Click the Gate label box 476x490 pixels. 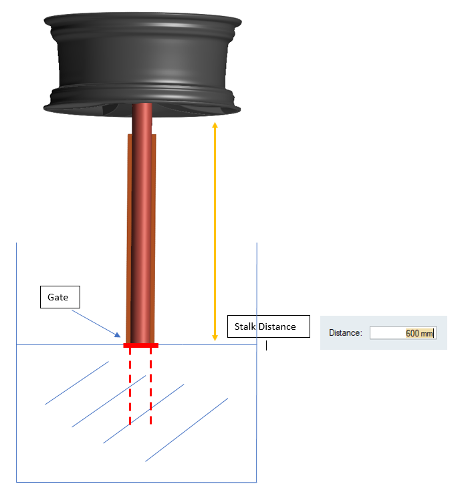coord(60,297)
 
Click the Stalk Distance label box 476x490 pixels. coord(269,326)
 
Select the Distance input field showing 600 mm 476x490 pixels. coord(403,333)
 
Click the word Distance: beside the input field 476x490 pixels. coord(346,333)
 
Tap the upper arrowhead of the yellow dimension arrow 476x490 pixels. coord(215,125)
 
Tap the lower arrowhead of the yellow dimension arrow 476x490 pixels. coord(215,338)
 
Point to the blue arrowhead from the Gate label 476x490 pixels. coord(118,335)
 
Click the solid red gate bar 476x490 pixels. coord(141,345)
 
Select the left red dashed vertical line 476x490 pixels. coord(130,386)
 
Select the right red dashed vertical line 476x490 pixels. coord(151,386)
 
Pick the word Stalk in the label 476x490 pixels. coord(245,326)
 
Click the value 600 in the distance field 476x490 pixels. coord(412,333)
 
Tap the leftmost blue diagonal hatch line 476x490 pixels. coord(77,383)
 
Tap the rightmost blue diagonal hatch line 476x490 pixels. coord(187,430)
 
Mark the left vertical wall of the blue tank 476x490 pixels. coord(16,362)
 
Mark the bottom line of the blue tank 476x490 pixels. coord(136,482)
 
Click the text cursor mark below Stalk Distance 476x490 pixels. coord(266,345)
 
